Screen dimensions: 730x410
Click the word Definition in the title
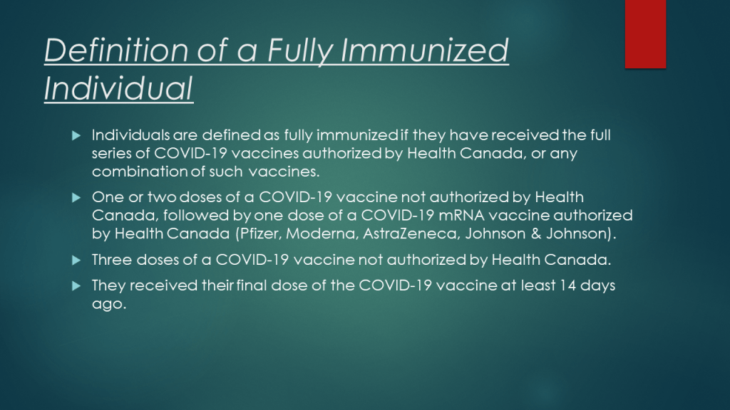click(116, 50)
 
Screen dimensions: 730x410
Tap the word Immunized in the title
click(425, 50)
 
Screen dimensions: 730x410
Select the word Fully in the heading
click(300, 52)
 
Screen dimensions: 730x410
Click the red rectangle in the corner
click(645, 34)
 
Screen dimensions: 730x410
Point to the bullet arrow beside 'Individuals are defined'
click(76, 135)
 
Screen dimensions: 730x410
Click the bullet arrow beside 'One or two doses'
click(76, 198)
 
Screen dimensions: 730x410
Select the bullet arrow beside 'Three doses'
click(76, 260)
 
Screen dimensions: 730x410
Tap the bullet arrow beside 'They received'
click(76, 285)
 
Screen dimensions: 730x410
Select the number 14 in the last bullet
click(568, 285)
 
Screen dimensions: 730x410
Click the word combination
click(140, 172)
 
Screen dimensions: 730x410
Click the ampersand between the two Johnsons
click(536, 233)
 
